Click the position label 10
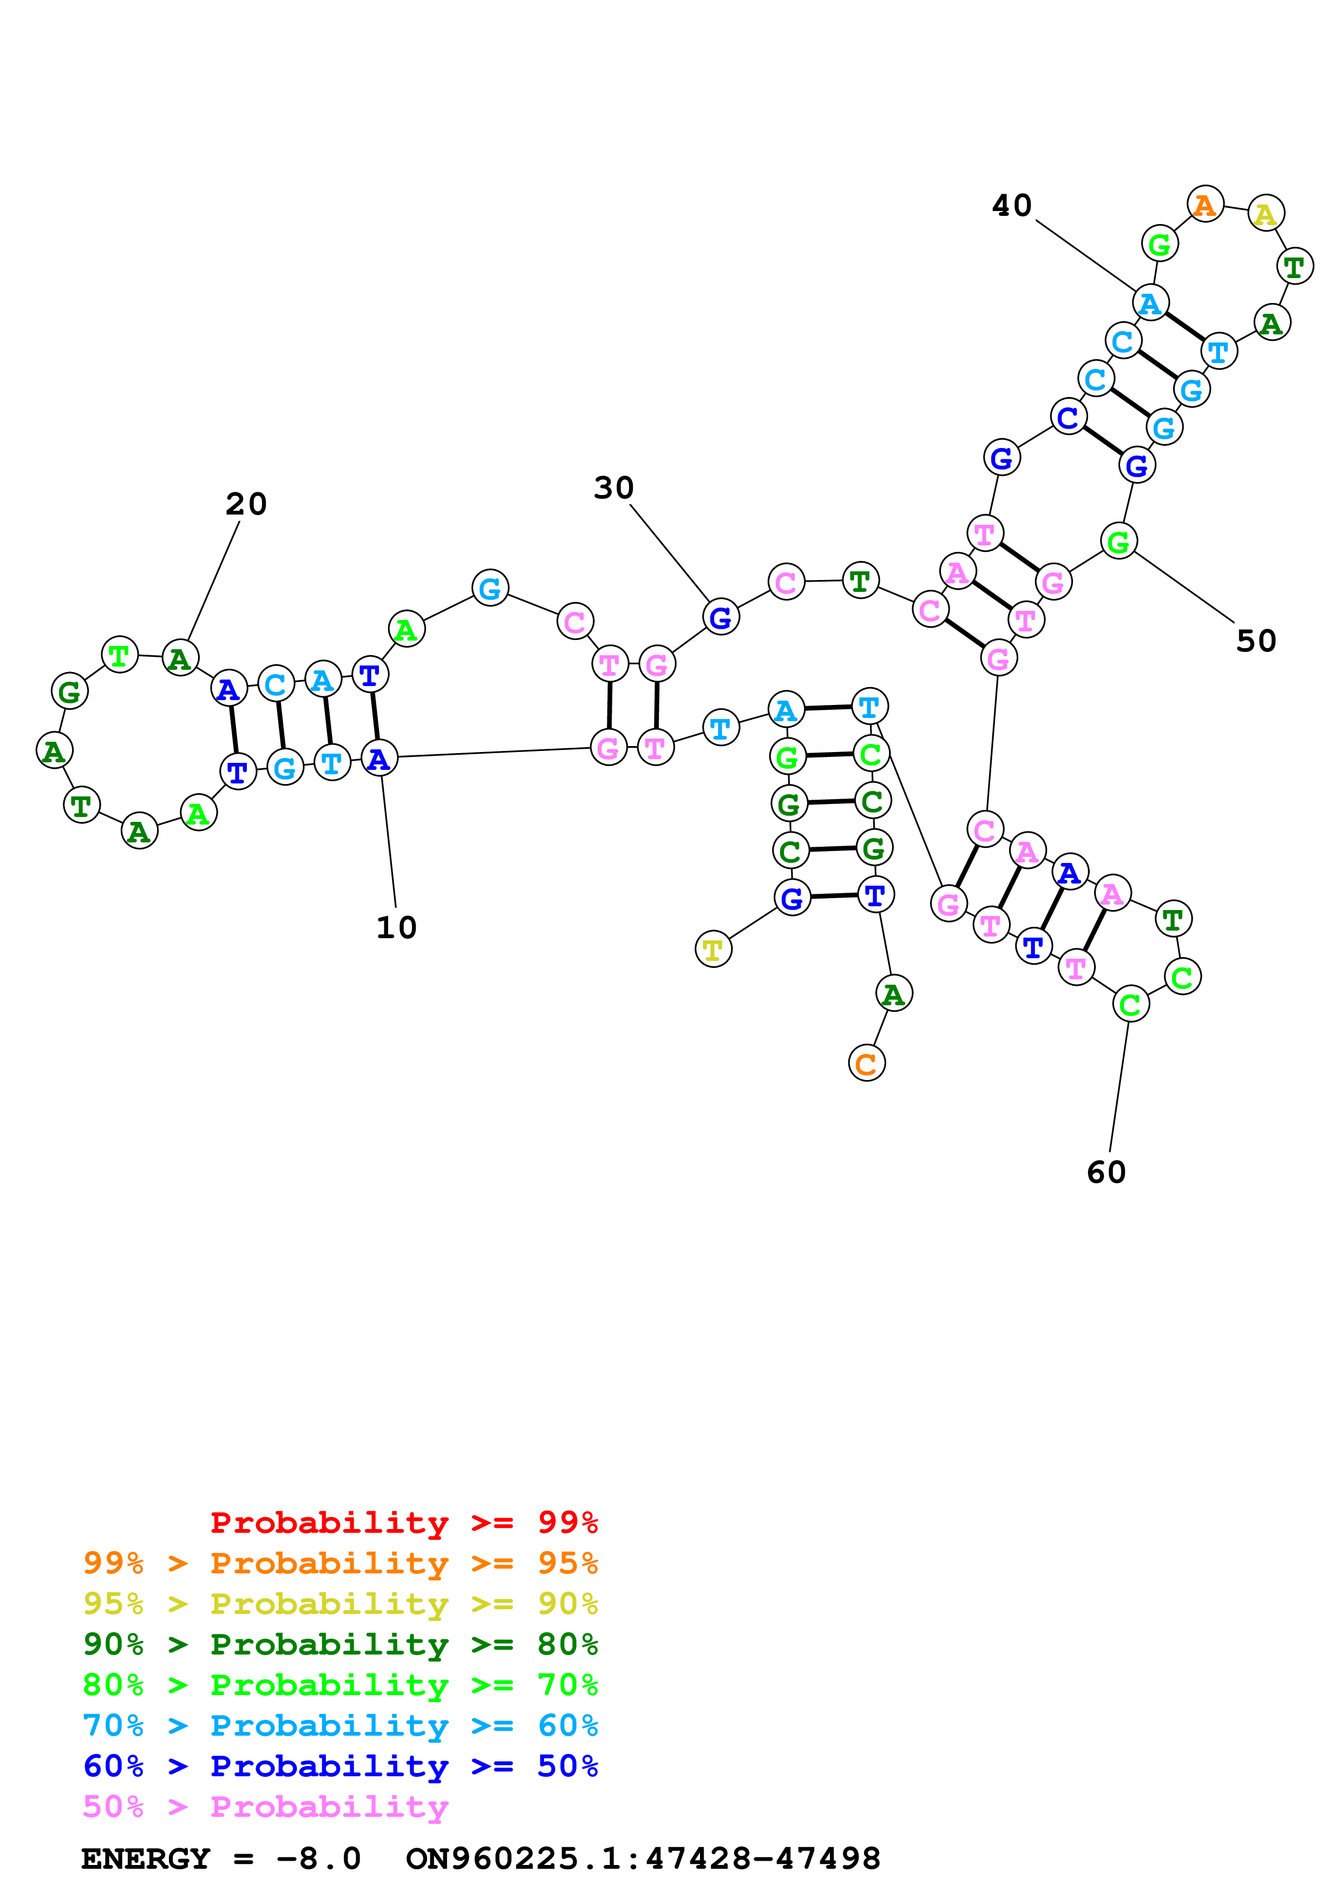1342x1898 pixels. click(x=396, y=927)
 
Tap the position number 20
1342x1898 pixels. click(x=246, y=504)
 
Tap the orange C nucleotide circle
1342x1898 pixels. click(x=867, y=1063)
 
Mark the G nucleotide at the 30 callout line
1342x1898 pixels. click(x=720, y=617)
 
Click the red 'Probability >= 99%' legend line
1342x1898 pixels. click(x=403, y=1523)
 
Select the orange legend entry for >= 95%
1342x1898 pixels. click(x=340, y=1563)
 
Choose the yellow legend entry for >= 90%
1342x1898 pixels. click(x=340, y=1604)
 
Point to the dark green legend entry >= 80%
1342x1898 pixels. click(x=340, y=1644)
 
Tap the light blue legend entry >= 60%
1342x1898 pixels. click(x=340, y=1725)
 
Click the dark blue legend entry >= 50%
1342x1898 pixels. click(x=340, y=1766)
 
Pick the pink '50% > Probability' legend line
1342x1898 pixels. click(x=265, y=1806)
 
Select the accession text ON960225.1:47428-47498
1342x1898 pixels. click(x=643, y=1859)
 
